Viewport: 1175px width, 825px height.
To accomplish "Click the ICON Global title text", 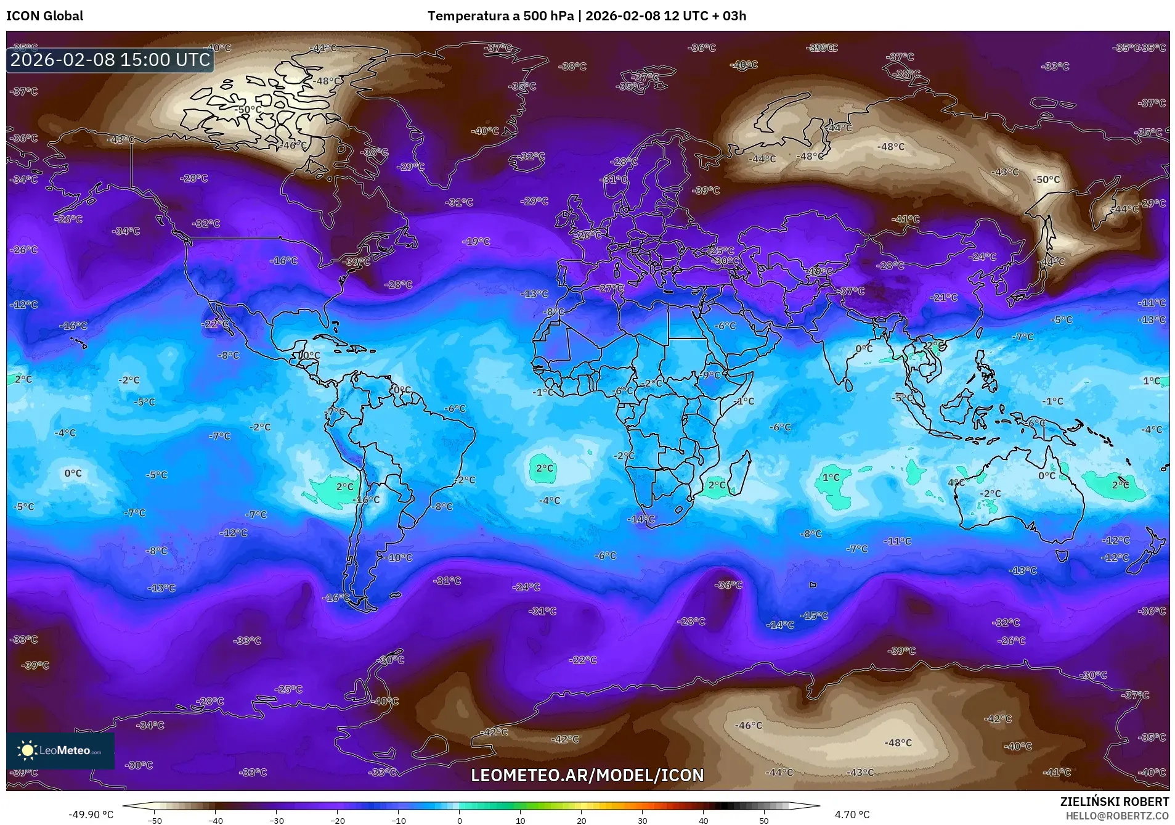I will [44, 16].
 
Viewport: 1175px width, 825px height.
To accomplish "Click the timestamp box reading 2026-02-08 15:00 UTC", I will [110, 60].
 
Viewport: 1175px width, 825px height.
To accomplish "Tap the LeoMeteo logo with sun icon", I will [60, 750].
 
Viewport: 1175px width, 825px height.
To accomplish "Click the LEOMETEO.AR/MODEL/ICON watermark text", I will [587, 775].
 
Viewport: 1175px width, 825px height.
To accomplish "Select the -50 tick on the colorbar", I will [155, 820].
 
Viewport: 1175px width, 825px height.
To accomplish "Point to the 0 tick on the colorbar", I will [459, 820].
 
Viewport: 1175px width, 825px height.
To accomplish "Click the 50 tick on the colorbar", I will [763, 820].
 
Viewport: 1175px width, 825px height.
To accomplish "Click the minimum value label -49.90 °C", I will [91, 815].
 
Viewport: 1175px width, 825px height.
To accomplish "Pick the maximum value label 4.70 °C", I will [852, 815].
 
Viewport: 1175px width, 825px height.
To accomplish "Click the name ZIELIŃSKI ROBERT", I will [1114, 802].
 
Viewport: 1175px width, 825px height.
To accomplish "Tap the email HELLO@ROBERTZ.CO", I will [1117, 815].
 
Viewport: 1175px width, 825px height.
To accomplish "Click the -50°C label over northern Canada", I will [248, 110].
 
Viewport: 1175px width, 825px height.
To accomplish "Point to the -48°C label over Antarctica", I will [898, 743].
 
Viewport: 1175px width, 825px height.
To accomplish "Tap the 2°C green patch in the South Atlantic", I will [543, 469].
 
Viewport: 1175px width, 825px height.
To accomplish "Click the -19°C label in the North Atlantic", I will [476, 242].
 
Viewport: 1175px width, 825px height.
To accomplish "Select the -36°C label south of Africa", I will [728, 585].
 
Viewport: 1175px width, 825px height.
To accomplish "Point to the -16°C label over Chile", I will [368, 500].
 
